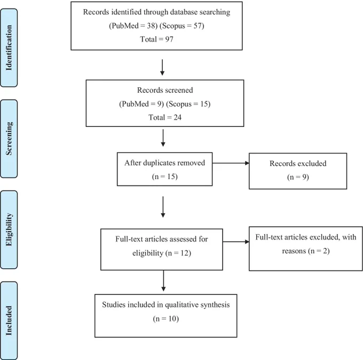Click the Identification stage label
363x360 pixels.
click(x=9, y=47)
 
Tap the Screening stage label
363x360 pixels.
click(x=9, y=139)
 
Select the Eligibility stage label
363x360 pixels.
click(x=9, y=229)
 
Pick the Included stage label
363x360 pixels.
click(x=9, y=321)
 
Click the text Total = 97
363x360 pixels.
click(x=157, y=39)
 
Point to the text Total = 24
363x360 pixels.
click(x=165, y=117)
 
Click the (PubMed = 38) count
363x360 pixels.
click(x=133, y=26)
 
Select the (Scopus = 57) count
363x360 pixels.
click(x=182, y=26)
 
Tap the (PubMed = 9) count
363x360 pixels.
click(x=141, y=104)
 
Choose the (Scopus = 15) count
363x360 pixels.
click(x=188, y=104)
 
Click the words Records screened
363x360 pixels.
click(x=165, y=90)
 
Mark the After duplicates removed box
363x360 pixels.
click(x=164, y=169)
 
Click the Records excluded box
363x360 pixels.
click(x=298, y=171)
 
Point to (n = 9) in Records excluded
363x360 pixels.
click(x=298, y=177)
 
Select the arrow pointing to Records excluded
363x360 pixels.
click(x=231, y=163)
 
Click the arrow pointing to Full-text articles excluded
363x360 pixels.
click(x=236, y=242)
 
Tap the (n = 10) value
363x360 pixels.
click(x=166, y=319)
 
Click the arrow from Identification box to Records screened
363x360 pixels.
click(x=162, y=67)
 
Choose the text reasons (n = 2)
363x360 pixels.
click(x=306, y=251)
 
